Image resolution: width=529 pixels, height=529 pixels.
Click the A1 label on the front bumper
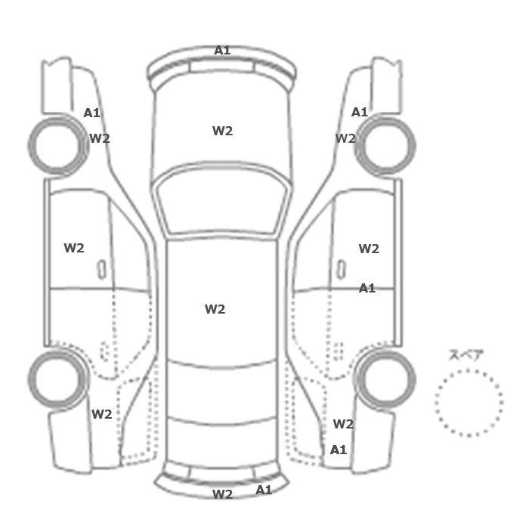[222, 51]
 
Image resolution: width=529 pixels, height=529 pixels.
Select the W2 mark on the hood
[222, 131]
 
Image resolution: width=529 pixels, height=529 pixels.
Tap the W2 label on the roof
[215, 309]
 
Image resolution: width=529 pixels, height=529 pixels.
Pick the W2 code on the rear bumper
[222, 494]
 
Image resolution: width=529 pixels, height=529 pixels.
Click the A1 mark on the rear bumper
[264, 490]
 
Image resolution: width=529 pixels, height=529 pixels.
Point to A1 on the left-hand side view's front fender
[91, 113]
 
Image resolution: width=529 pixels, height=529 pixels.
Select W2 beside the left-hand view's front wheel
[100, 138]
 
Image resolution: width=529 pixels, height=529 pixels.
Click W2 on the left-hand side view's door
[74, 248]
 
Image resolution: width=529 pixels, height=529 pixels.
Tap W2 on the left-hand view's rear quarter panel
[101, 414]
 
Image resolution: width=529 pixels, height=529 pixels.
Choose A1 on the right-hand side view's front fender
[360, 112]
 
